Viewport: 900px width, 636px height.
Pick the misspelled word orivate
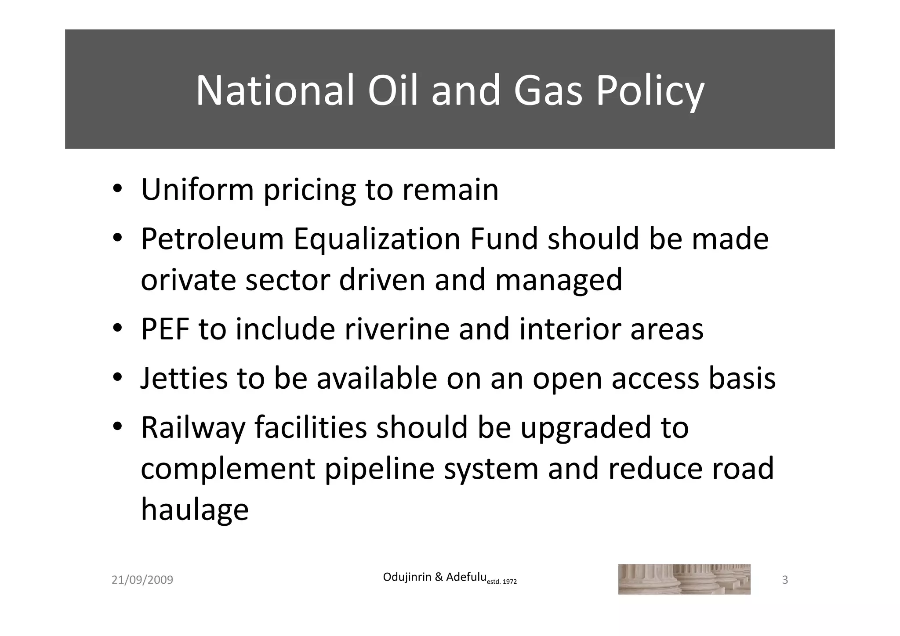click(x=188, y=280)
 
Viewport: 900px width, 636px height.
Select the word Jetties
click(x=184, y=379)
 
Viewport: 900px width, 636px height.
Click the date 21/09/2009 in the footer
click(x=142, y=580)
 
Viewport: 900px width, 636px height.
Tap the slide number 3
click(x=785, y=580)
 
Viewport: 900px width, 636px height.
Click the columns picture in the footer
click(x=684, y=579)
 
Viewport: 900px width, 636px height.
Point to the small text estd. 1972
click(x=502, y=582)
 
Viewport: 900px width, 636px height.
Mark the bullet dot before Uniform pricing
click(x=117, y=190)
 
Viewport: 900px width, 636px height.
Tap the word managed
click(x=559, y=280)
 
